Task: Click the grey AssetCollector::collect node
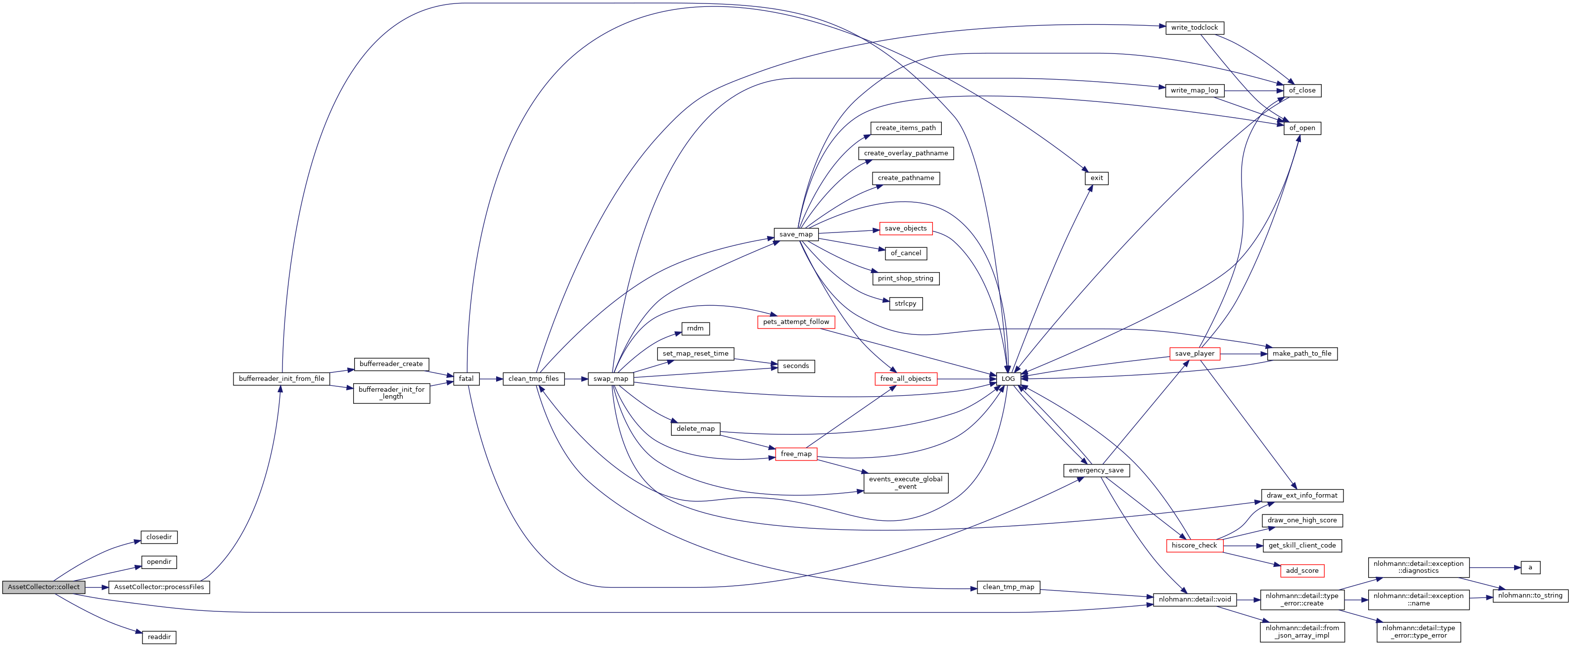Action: pos(44,587)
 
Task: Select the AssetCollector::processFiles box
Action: pos(159,587)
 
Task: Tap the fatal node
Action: pos(466,379)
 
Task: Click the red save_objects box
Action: pos(905,229)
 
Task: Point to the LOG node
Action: pos(1008,379)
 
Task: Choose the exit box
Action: pos(1097,178)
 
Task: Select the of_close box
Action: pos(1301,90)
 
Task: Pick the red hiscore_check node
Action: pos(1194,546)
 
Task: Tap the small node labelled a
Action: pos(1529,568)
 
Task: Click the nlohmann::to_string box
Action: pos(1529,596)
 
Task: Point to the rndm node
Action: pos(694,328)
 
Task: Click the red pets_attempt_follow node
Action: pos(795,322)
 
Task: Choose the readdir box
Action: pos(159,637)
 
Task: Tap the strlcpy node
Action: pos(905,304)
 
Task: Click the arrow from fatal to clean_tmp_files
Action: pos(491,379)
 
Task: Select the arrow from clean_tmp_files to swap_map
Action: pos(576,379)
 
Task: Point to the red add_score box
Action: pos(1301,571)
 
